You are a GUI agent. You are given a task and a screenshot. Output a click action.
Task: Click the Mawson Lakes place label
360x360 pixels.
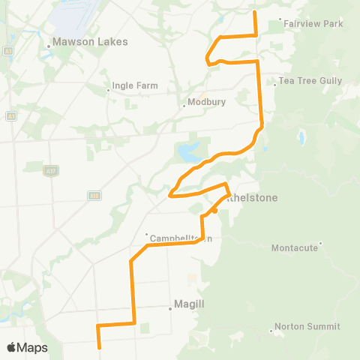85,43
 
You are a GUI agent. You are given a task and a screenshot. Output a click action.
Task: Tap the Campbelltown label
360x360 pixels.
182,238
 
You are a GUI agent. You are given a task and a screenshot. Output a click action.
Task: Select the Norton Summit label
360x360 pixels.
307,327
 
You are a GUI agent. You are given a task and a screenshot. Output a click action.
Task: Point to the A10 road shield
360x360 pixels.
94,196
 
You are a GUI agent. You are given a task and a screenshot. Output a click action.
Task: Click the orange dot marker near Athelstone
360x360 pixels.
214,211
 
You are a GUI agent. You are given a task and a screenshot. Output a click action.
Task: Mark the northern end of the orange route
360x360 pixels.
256,12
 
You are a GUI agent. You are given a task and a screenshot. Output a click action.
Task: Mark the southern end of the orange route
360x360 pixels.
99,347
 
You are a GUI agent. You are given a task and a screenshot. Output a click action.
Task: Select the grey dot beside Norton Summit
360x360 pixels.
271,331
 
